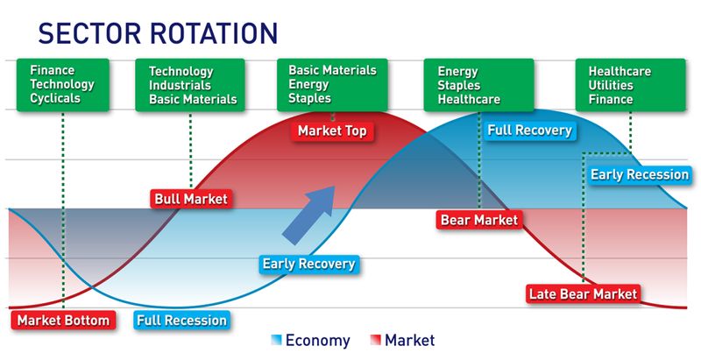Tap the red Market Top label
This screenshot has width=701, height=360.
pos(332,131)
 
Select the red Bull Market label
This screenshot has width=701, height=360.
pos(190,199)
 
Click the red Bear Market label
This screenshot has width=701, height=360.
pos(479,219)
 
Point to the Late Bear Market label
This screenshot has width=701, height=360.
pos(584,293)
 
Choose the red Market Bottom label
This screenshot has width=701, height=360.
pos(63,320)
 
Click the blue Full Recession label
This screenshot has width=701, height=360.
pos(182,320)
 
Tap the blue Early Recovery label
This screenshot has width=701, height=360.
pos(308,263)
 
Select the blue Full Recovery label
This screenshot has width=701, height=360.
pos(529,131)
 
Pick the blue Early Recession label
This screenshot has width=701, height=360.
pos(639,174)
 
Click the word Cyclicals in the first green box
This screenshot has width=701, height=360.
pos(54,99)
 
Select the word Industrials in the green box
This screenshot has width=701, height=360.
pos(181,86)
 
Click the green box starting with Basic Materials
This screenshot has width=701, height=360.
pos(332,84)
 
